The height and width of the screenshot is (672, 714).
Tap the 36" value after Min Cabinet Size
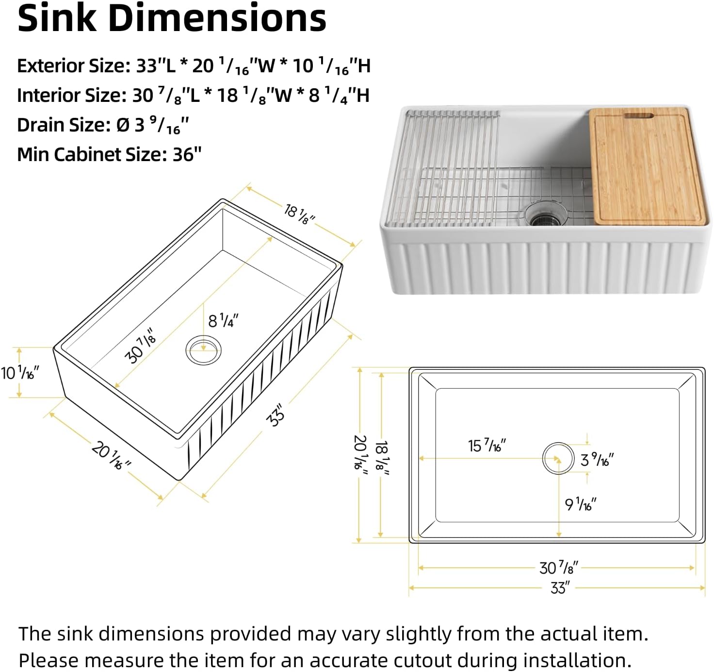point(187,155)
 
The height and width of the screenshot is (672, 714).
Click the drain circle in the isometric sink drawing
point(203,349)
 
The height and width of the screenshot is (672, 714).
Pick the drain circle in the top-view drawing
point(558,458)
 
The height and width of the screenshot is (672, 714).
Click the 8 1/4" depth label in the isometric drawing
point(223,321)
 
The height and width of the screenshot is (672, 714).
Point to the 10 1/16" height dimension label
point(19,373)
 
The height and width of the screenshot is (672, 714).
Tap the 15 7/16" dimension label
point(487,445)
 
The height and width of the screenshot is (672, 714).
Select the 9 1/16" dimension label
point(580,505)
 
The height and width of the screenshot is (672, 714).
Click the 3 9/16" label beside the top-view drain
point(597,459)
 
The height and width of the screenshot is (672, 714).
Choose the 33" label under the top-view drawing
point(560,588)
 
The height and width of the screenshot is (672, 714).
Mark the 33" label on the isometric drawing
point(276,416)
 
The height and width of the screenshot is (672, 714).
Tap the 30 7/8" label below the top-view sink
point(558,568)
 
